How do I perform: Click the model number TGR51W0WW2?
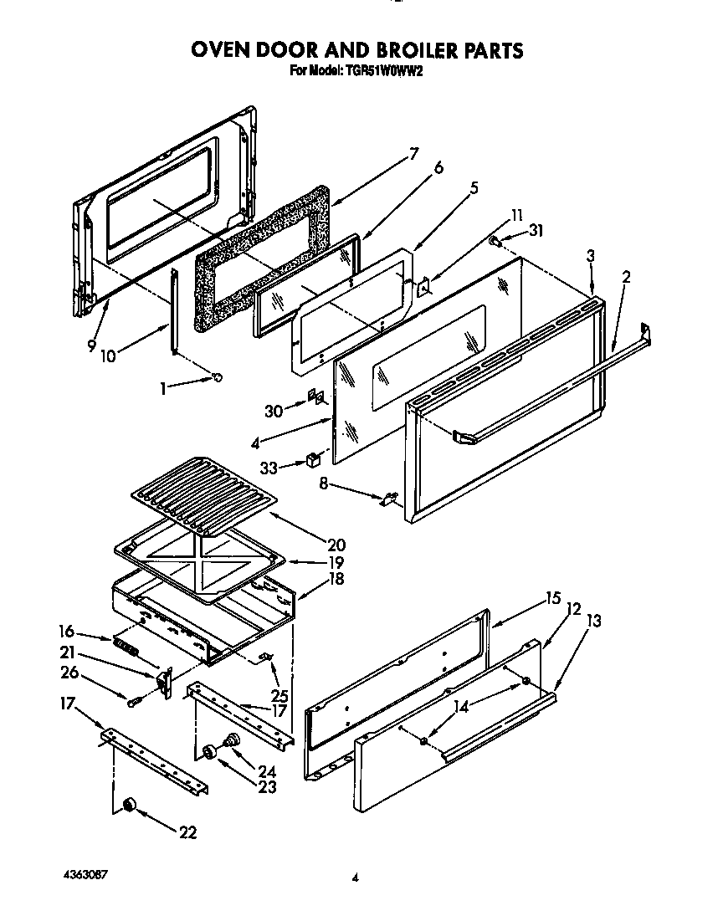382,71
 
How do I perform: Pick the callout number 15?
552,598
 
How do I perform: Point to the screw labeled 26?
131,699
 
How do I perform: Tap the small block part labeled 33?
313,459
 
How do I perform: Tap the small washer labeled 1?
218,377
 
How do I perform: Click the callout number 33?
268,468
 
